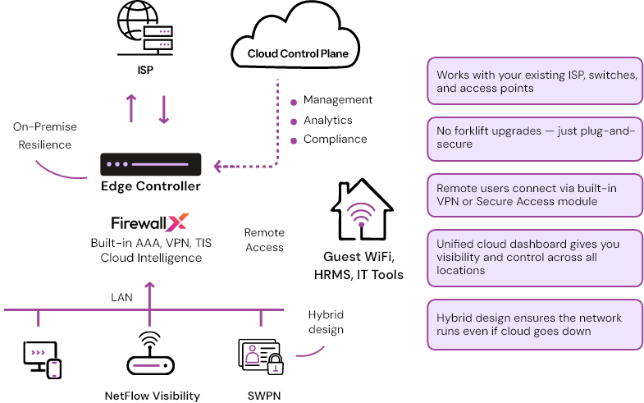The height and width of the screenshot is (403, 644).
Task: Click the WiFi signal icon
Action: [x=360, y=214]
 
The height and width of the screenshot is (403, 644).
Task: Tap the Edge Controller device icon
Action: [x=151, y=165]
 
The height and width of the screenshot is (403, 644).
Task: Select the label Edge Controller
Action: [x=150, y=186]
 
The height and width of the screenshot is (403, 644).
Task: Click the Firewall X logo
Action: [x=150, y=222]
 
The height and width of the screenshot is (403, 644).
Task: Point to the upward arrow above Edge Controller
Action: [x=131, y=108]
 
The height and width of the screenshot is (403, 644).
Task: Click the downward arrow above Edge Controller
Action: [x=164, y=108]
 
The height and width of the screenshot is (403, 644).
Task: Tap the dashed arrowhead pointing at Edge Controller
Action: [x=218, y=166]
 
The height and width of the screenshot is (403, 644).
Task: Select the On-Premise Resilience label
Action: [x=42, y=135]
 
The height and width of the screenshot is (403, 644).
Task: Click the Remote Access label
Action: [x=264, y=240]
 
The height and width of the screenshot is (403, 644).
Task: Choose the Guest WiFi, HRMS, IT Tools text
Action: [x=359, y=265]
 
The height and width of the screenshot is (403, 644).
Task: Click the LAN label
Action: [x=122, y=296]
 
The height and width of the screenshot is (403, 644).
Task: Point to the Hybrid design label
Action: [x=326, y=323]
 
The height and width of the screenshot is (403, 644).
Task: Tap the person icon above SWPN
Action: [x=253, y=355]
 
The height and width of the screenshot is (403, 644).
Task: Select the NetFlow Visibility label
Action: [x=152, y=396]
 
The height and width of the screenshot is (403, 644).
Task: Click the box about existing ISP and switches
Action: [x=534, y=81]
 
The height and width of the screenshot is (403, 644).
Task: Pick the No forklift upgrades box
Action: [x=534, y=137]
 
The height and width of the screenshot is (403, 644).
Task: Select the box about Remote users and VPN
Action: [x=534, y=195]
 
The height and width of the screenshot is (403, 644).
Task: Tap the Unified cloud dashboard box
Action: [x=534, y=257]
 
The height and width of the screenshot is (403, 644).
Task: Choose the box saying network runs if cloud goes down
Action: [x=534, y=324]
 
